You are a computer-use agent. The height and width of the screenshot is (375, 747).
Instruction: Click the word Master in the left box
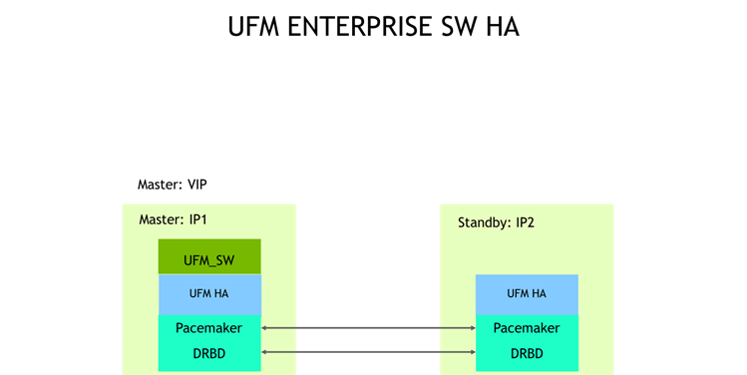pyautogui.click(x=159, y=219)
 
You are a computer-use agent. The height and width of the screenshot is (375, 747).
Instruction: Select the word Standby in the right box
pyautogui.click(x=482, y=222)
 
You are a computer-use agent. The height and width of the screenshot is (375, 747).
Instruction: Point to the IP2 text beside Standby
pyautogui.click(x=525, y=222)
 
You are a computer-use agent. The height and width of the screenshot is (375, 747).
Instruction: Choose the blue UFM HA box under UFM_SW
pyautogui.click(x=209, y=294)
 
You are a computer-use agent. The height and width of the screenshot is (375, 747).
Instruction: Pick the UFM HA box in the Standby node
pyautogui.click(x=526, y=294)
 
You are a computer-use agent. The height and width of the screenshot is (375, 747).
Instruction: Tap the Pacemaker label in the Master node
pyautogui.click(x=209, y=327)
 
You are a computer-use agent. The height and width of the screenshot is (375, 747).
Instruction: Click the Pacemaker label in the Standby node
pyautogui.click(x=526, y=327)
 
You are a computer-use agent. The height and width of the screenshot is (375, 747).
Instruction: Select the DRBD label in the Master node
pyautogui.click(x=209, y=352)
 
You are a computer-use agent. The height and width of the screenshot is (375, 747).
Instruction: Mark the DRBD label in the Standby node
pyautogui.click(x=526, y=352)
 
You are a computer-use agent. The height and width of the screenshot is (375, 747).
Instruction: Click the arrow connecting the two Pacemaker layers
pyautogui.click(x=368, y=327)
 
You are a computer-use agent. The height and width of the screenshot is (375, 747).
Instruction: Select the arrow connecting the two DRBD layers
pyautogui.click(x=368, y=352)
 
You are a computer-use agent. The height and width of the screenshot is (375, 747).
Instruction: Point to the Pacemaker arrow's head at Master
pyautogui.click(x=265, y=327)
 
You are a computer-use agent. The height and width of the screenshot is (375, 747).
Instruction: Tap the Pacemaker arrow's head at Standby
pyautogui.click(x=471, y=327)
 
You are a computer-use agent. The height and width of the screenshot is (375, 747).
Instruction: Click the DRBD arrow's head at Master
pyautogui.click(x=265, y=352)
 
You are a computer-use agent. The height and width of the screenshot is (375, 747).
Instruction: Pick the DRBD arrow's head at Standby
pyautogui.click(x=471, y=352)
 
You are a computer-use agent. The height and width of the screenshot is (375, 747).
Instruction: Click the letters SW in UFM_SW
pyautogui.click(x=224, y=260)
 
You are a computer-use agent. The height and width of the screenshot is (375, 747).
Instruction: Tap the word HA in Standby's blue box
pyautogui.click(x=539, y=294)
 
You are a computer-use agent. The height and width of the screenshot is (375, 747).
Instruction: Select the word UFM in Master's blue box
pyautogui.click(x=199, y=294)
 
